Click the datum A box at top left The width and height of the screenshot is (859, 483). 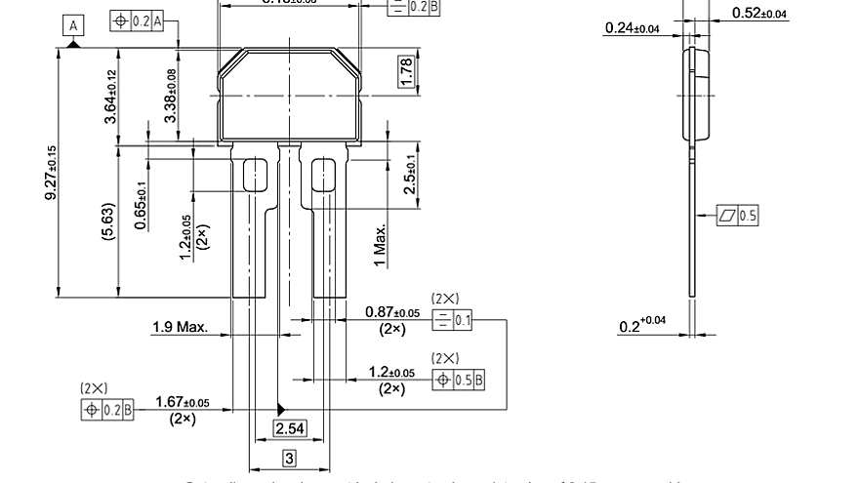[74, 26]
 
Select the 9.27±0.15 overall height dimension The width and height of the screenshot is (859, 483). [51, 174]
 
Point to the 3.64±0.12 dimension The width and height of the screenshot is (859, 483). [111, 97]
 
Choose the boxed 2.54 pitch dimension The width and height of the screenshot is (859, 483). [289, 428]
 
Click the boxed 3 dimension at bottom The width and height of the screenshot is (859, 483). [289, 458]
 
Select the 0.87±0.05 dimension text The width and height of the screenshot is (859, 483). [392, 312]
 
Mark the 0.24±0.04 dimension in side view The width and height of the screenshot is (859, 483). [632, 28]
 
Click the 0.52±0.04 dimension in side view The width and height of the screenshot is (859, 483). [759, 14]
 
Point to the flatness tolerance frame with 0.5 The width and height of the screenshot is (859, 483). [738, 216]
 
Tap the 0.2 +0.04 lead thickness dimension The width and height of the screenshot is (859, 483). [642, 325]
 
